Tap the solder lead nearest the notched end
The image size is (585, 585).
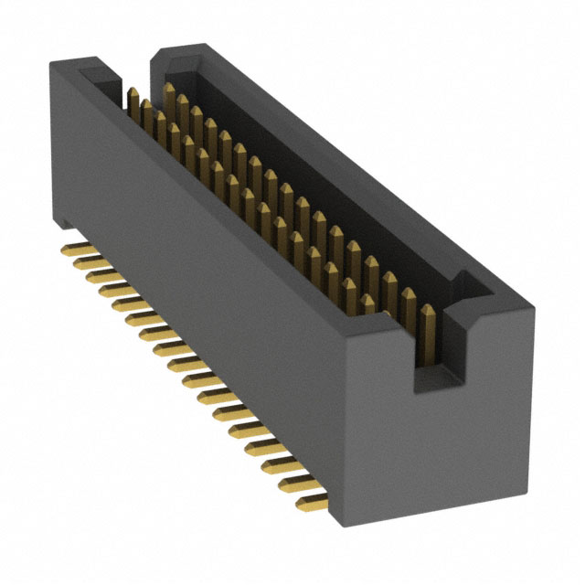(311, 499)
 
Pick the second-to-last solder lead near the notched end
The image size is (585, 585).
(294, 482)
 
